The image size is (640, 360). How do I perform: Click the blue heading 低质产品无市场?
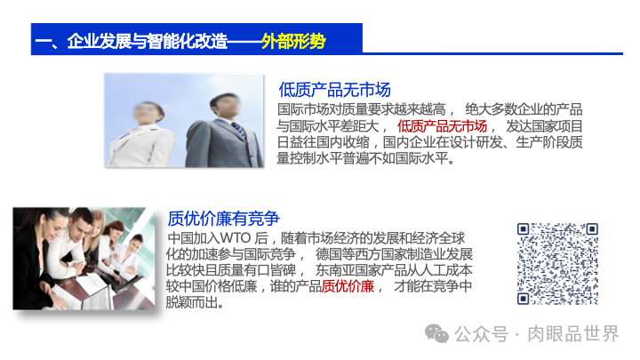point(334,90)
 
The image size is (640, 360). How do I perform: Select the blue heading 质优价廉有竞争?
point(223,219)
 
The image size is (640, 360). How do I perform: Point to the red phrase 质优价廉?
point(348,285)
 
